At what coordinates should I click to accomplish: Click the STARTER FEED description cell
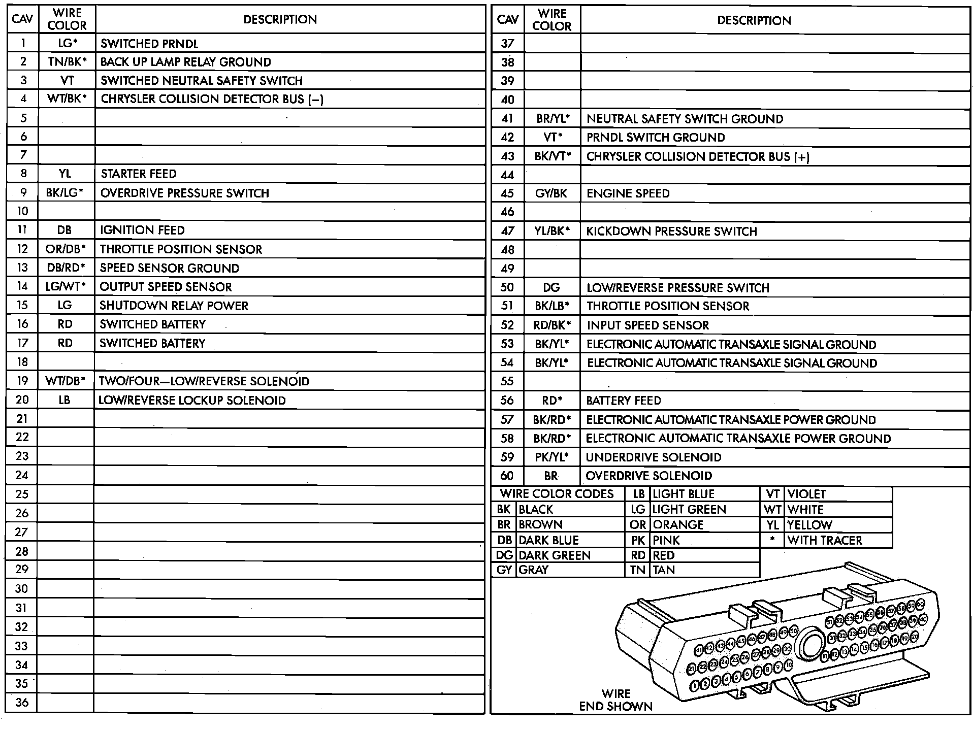[138, 174]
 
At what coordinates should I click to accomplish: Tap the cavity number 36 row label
[22, 703]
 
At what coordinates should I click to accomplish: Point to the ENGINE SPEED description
[628, 193]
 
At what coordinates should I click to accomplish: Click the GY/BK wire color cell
[551, 193]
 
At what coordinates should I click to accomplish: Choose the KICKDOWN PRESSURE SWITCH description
[671, 231]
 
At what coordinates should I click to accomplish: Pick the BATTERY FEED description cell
[624, 401]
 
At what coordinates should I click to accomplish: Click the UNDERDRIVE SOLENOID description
[653, 457]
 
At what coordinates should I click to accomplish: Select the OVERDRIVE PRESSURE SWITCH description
[184, 193]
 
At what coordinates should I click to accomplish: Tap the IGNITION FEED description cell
[142, 230]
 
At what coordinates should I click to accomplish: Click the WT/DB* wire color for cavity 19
[65, 381]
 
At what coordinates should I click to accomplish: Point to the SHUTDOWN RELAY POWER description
[174, 306]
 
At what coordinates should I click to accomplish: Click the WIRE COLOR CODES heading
[557, 494]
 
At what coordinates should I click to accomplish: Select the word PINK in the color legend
[666, 540]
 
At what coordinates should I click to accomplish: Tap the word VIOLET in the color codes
[806, 494]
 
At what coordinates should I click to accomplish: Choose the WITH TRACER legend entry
[825, 540]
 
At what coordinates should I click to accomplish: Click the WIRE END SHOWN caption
[615, 700]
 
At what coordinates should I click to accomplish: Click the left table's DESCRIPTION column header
[280, 20]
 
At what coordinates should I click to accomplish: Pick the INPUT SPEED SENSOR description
[648, 325]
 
